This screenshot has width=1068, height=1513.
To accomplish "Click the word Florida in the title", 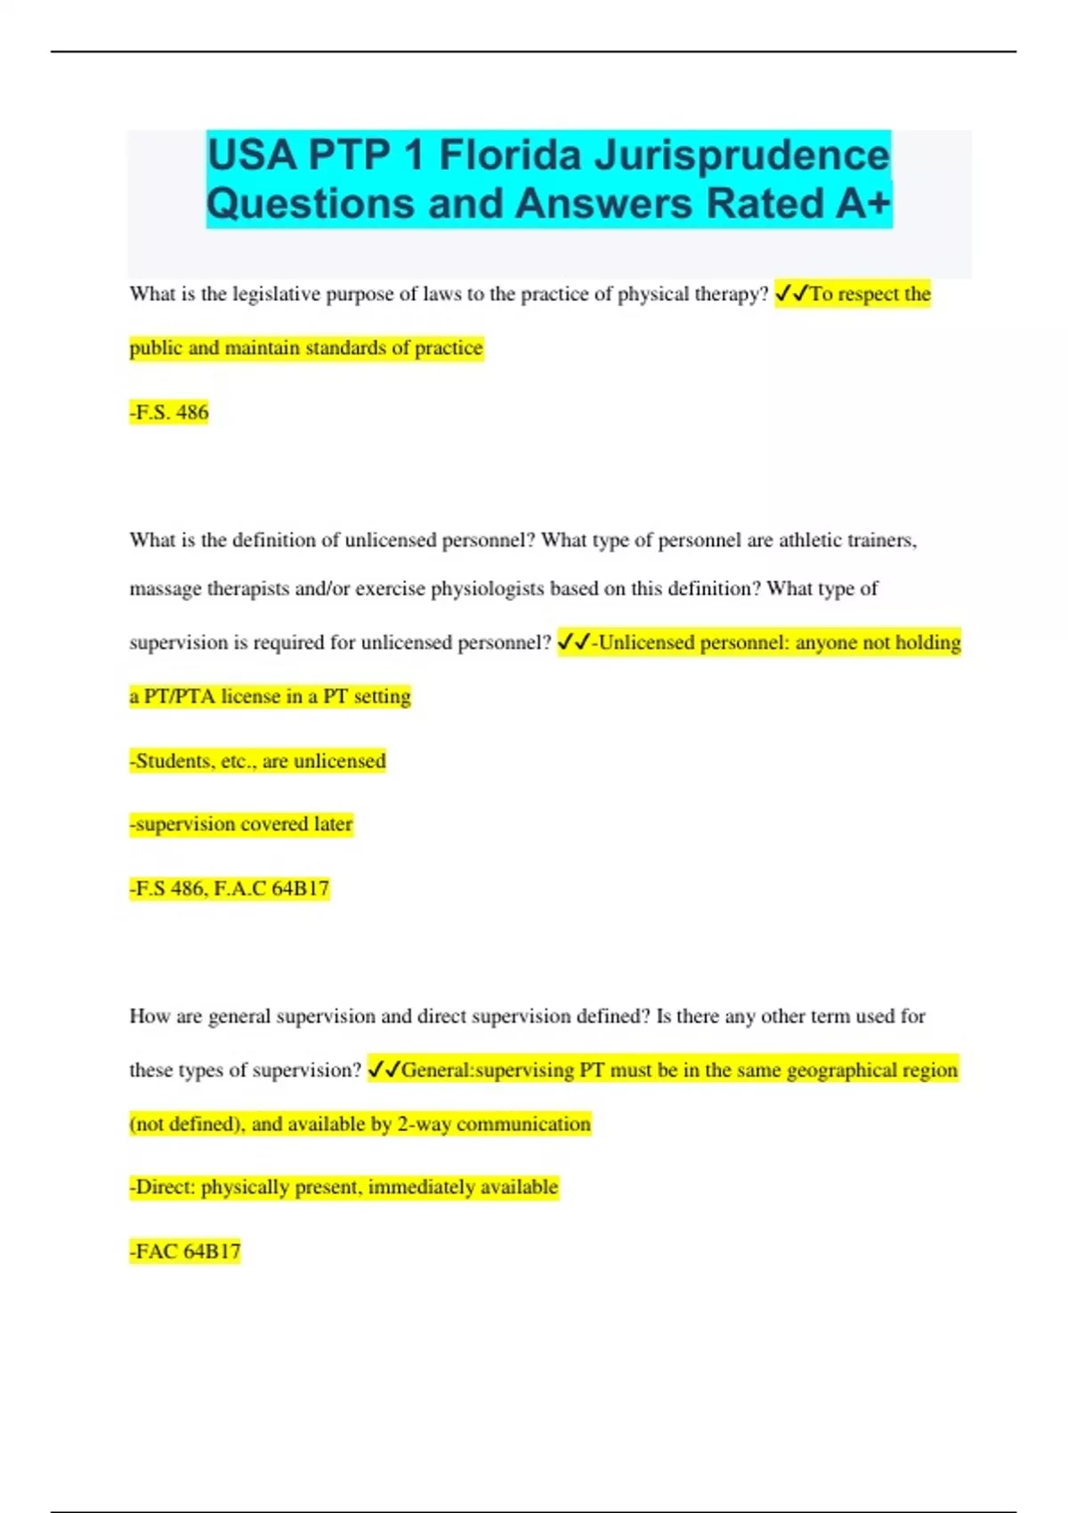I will point(510,156).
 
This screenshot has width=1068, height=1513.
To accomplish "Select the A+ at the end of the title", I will point(862,204).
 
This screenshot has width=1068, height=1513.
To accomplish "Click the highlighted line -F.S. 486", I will point(169,412).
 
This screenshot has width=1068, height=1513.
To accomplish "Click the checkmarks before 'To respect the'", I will point(791,294).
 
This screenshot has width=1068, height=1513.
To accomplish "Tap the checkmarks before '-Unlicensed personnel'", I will point(574,643).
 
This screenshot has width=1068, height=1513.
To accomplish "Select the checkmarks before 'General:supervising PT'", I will point(384,1070).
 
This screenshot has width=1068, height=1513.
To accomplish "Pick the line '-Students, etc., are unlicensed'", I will point(258,761).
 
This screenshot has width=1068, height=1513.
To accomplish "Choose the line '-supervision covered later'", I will point(241,824).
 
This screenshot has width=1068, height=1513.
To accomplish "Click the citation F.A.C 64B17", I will point(271,888).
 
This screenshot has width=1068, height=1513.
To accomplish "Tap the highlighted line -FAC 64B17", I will point(185,1251).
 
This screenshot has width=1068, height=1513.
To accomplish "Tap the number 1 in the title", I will point(412,156).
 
